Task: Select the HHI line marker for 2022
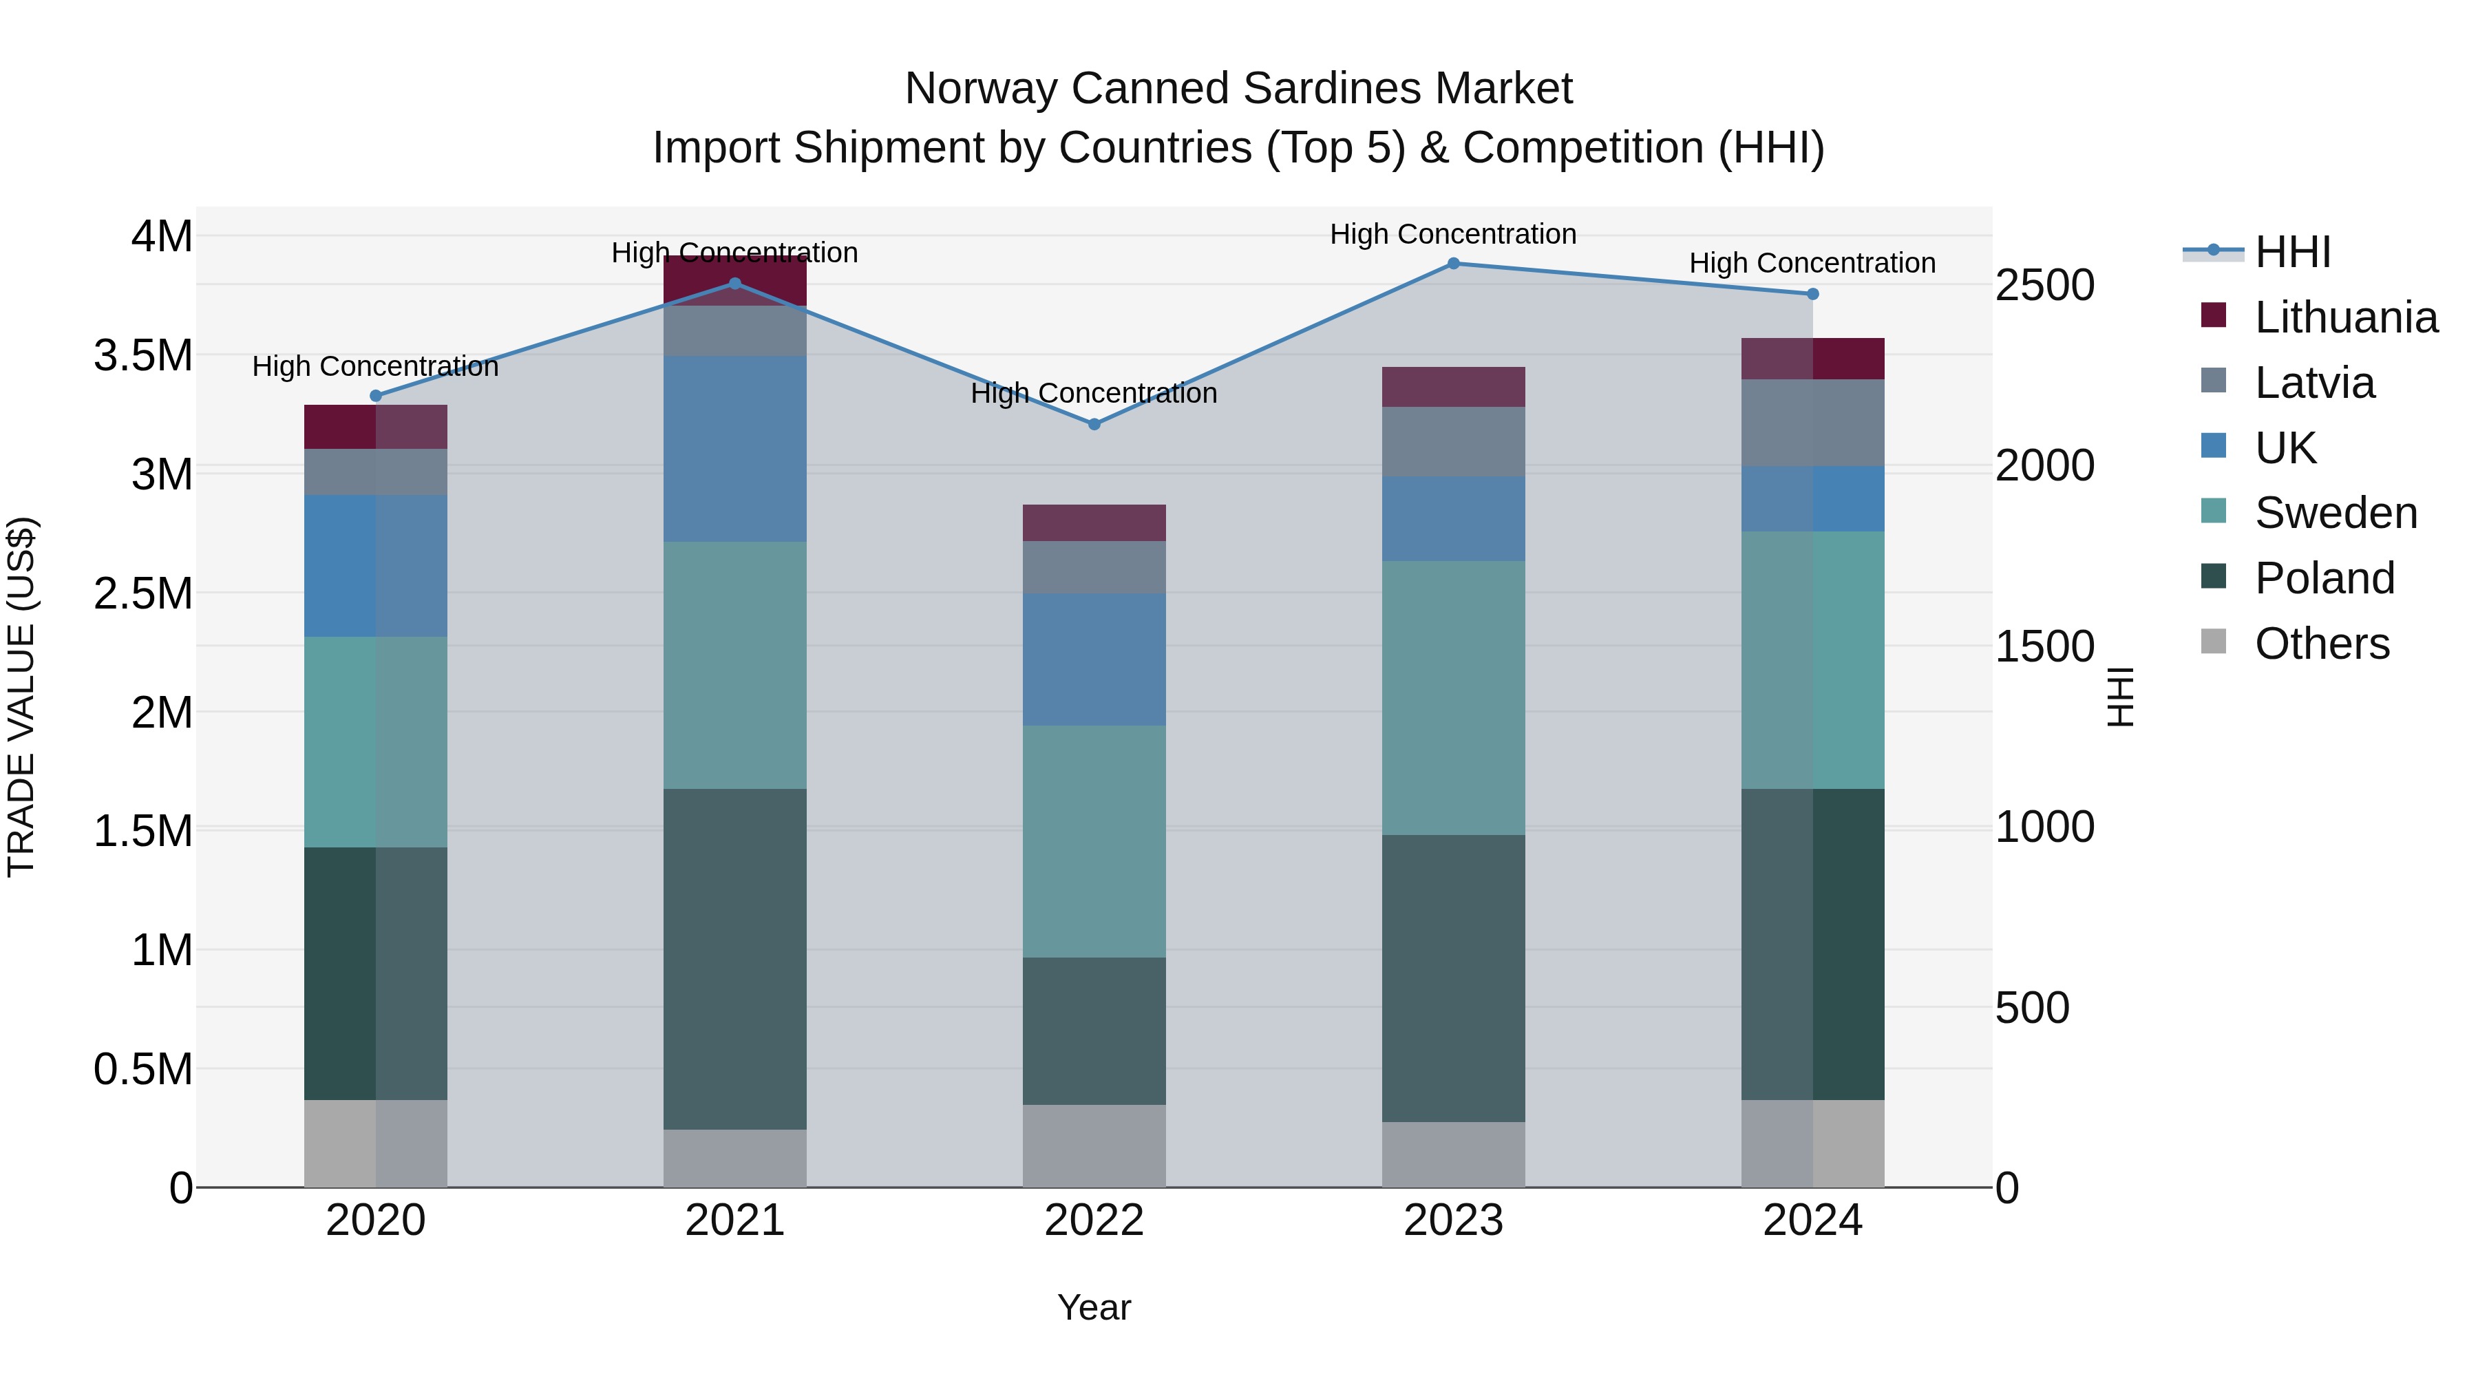click(x=1094, y=424)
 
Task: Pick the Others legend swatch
click(x=2214, y=642)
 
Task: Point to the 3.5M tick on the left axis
click(x=142, y=356)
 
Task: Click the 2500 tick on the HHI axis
click(x=2045, y=286)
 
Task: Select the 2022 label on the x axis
click(x=1094, y=1221)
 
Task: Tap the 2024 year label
click(x=1812, y=1221)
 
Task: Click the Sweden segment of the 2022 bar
click(x=1094, y=842)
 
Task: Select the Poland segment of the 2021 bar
click(x=735, y=959)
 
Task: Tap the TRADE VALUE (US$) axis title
click(x=21, y=697)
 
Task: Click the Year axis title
click(x=1094, y=1307)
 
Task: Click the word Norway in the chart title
click(x=981, y=89)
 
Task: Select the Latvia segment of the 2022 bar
click(x=1094, y=568)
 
